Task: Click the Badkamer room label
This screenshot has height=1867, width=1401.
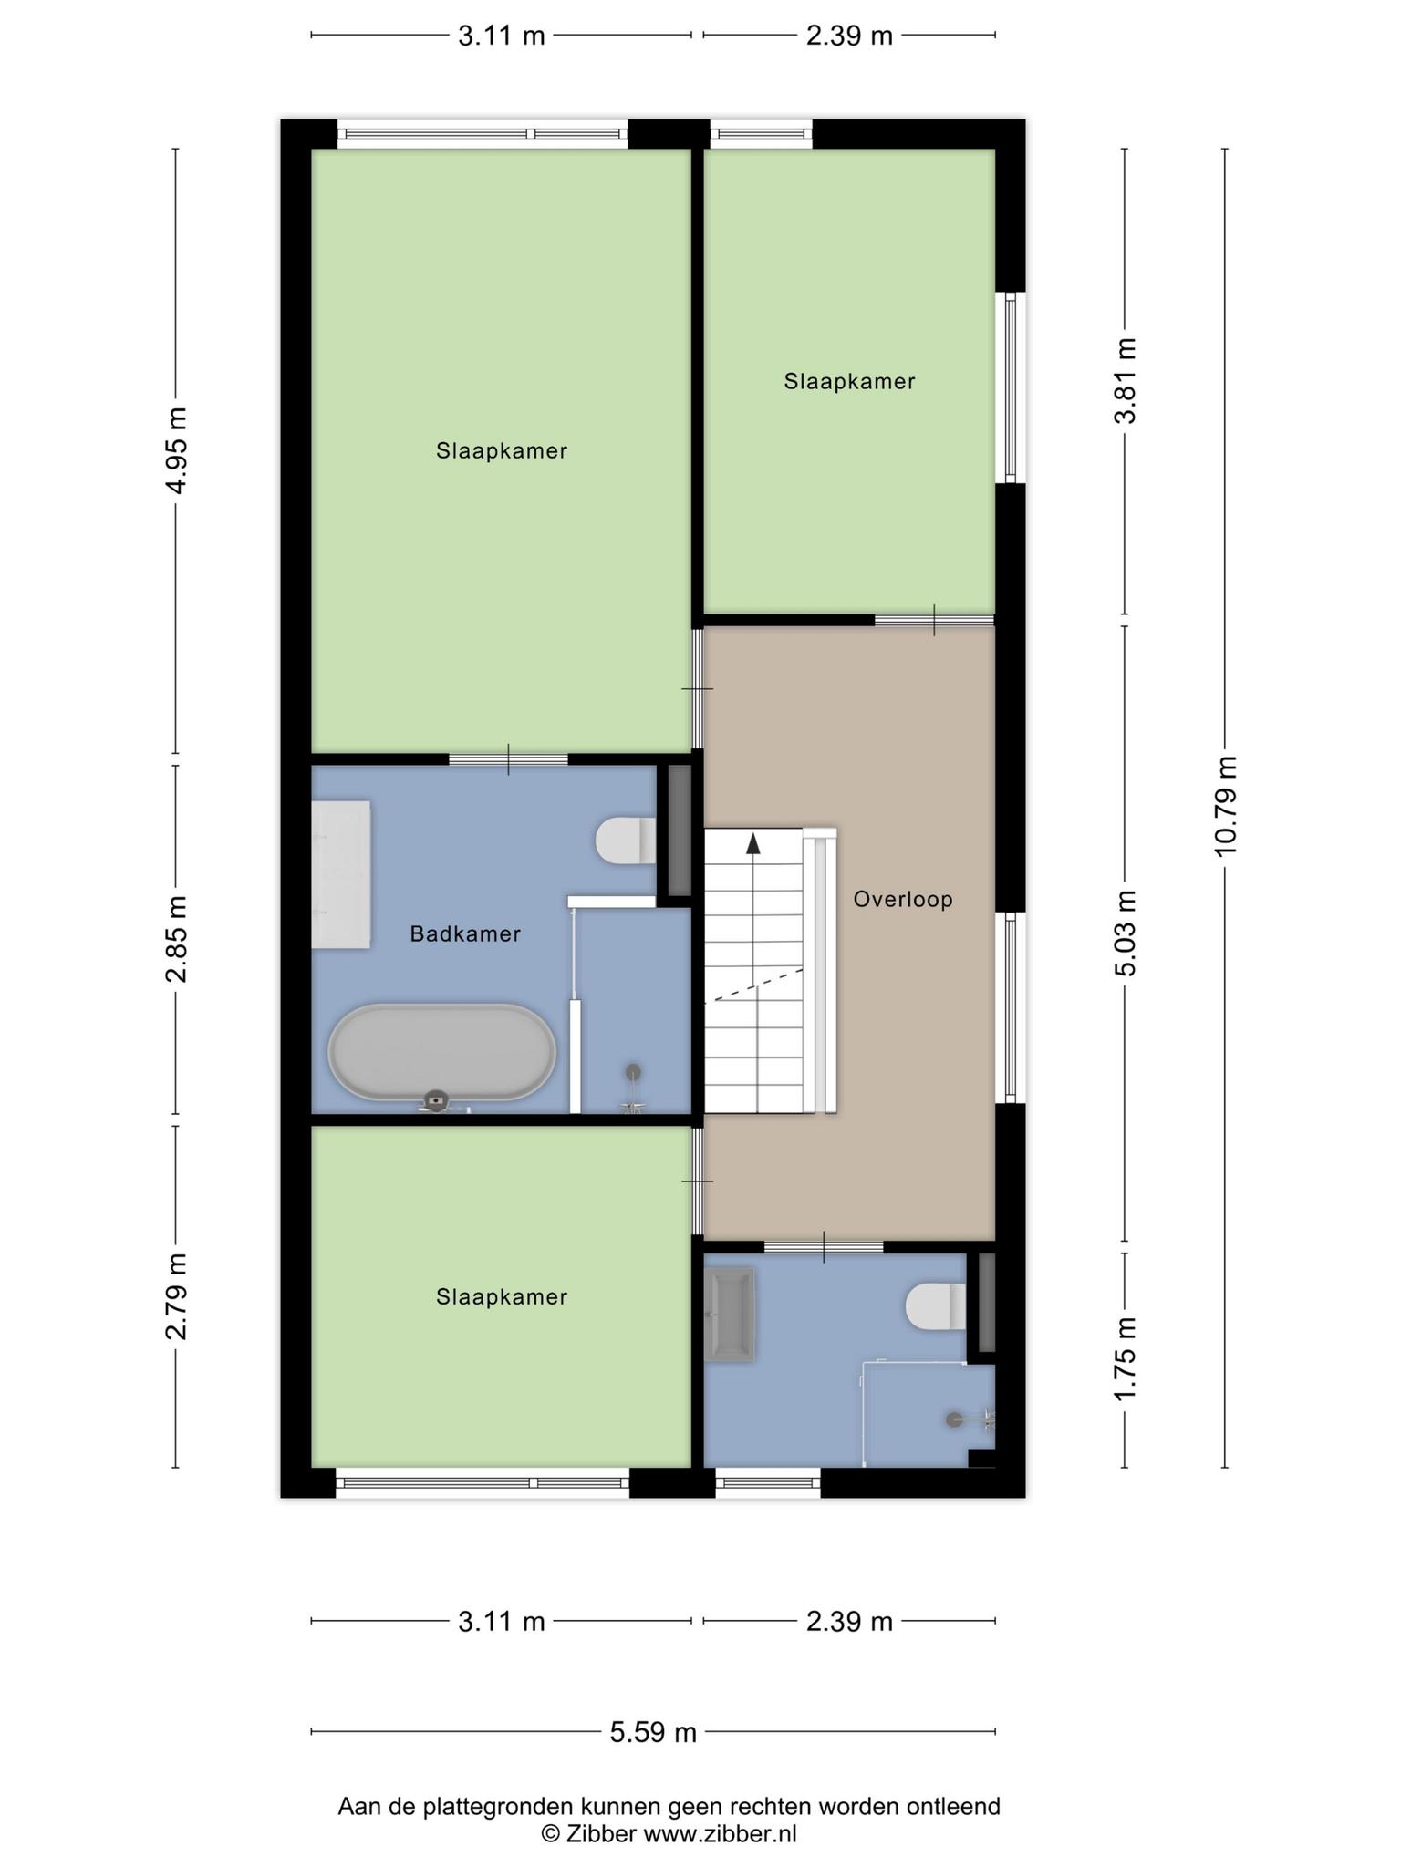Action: point(465,933)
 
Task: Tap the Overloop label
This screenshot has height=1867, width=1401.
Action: point(903,900)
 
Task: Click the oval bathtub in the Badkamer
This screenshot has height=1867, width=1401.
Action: point(441,1053)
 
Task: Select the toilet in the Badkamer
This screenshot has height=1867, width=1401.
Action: point(626,840)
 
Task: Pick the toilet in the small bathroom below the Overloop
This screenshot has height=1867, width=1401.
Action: point(936,1306)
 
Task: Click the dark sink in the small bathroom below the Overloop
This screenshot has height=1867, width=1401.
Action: point(730,1315)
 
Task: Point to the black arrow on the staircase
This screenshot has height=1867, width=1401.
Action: point(753,843)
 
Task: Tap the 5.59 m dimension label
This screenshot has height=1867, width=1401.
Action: point(653,1731)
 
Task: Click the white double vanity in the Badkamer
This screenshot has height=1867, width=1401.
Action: point(341,875)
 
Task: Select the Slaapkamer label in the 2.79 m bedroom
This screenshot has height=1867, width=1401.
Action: point(502,1296)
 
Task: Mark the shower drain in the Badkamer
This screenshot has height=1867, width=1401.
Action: point(632,1072)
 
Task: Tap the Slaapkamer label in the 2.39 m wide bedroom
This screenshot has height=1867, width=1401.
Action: point(849,381)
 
